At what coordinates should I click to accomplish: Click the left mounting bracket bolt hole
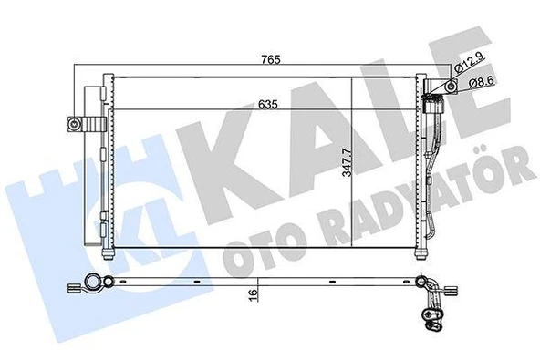(71, 124)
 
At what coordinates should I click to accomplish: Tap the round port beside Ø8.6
(451, 87)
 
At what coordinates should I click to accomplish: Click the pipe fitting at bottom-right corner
(431, 314)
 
